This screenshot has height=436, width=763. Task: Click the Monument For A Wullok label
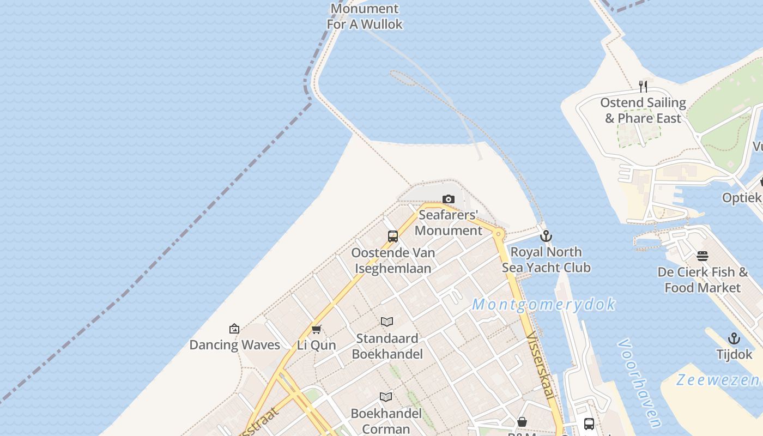365,16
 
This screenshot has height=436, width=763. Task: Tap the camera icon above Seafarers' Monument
449,199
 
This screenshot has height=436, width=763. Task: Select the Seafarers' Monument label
449,222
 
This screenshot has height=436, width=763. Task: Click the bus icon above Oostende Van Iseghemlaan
393,237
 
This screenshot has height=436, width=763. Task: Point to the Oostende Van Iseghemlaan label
393,261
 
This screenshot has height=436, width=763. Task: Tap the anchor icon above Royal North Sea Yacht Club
546,236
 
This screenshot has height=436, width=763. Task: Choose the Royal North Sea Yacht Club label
546,259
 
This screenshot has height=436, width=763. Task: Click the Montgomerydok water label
543,304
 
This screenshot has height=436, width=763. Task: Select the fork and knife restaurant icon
643,86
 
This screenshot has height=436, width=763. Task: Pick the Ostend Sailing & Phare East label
643,111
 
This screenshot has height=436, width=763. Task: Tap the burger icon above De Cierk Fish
703,256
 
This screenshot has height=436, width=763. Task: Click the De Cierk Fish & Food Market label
703,280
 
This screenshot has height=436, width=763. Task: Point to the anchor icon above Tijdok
734,338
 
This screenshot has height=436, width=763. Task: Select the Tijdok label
734,354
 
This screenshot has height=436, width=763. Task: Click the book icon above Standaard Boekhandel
387,322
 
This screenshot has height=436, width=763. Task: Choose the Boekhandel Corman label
386,421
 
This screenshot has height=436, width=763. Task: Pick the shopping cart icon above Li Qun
317,329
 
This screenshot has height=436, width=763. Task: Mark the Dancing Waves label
234,344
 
